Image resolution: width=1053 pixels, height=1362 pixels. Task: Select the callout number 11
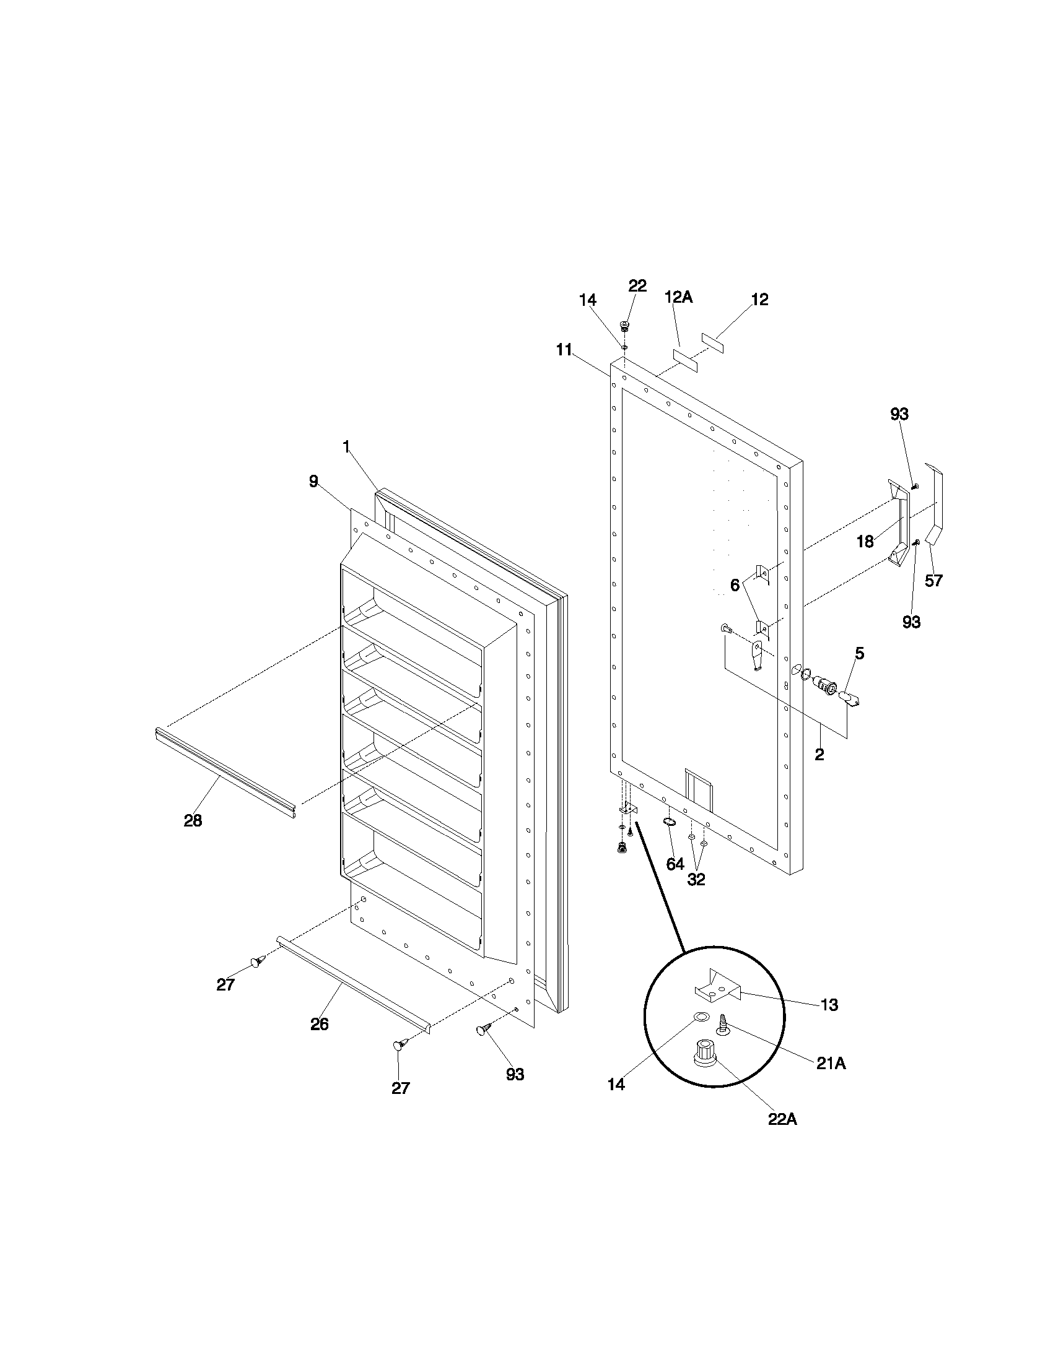pyautogui.click(x=564, y=350)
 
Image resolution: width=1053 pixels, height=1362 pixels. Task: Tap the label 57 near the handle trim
pyautogui.click(x=933, y=581)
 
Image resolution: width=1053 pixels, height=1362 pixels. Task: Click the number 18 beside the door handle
pyautogui.click(x=865, y=542)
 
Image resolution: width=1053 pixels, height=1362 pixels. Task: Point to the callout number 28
pyautogui.click(x=193, y=821)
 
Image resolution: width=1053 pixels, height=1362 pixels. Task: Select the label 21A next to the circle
pyautogui.click(x=831, y=1064)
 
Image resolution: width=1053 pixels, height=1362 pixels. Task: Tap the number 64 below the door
pyautogui.click(x=675, y=864)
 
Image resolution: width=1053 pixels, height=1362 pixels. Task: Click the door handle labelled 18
pyautogui.click(x=899, y=524)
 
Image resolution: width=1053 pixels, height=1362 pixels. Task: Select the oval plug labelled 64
pyautogui.click(x=670, y=822)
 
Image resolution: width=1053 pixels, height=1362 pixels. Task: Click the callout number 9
pyautogui.click(x=313, y=481)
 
